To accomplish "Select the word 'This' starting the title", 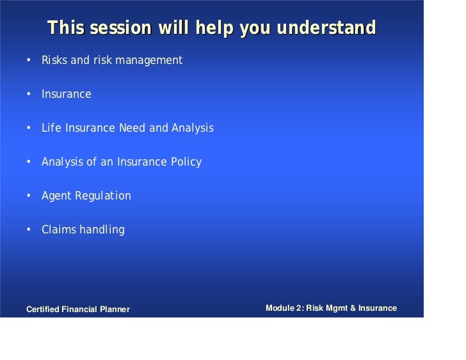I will pos(66,29).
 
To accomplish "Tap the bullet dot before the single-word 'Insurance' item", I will pos(29,95).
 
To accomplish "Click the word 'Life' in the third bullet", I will pos(50,129).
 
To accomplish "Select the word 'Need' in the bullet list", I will pos(133,129).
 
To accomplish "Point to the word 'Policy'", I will pos(186,162).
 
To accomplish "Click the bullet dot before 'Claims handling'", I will pos(29,230).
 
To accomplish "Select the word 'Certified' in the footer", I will pos(42,309).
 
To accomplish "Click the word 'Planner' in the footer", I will pos(114,309).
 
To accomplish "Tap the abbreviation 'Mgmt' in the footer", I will pos(338,308).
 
